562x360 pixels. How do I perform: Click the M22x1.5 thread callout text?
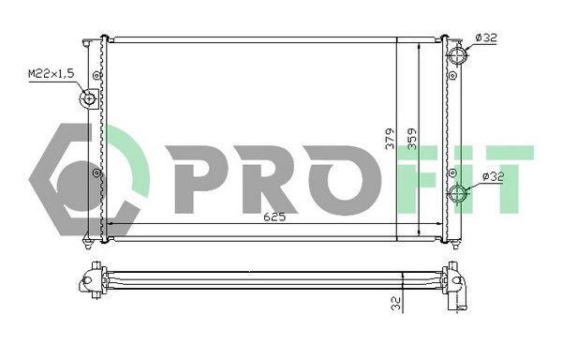49,72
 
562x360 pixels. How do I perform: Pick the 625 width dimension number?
274,217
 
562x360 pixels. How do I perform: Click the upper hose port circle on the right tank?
458,55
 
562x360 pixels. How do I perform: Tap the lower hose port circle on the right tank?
458,195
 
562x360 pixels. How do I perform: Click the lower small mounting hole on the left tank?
97,173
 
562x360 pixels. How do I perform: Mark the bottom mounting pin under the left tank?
88,246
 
